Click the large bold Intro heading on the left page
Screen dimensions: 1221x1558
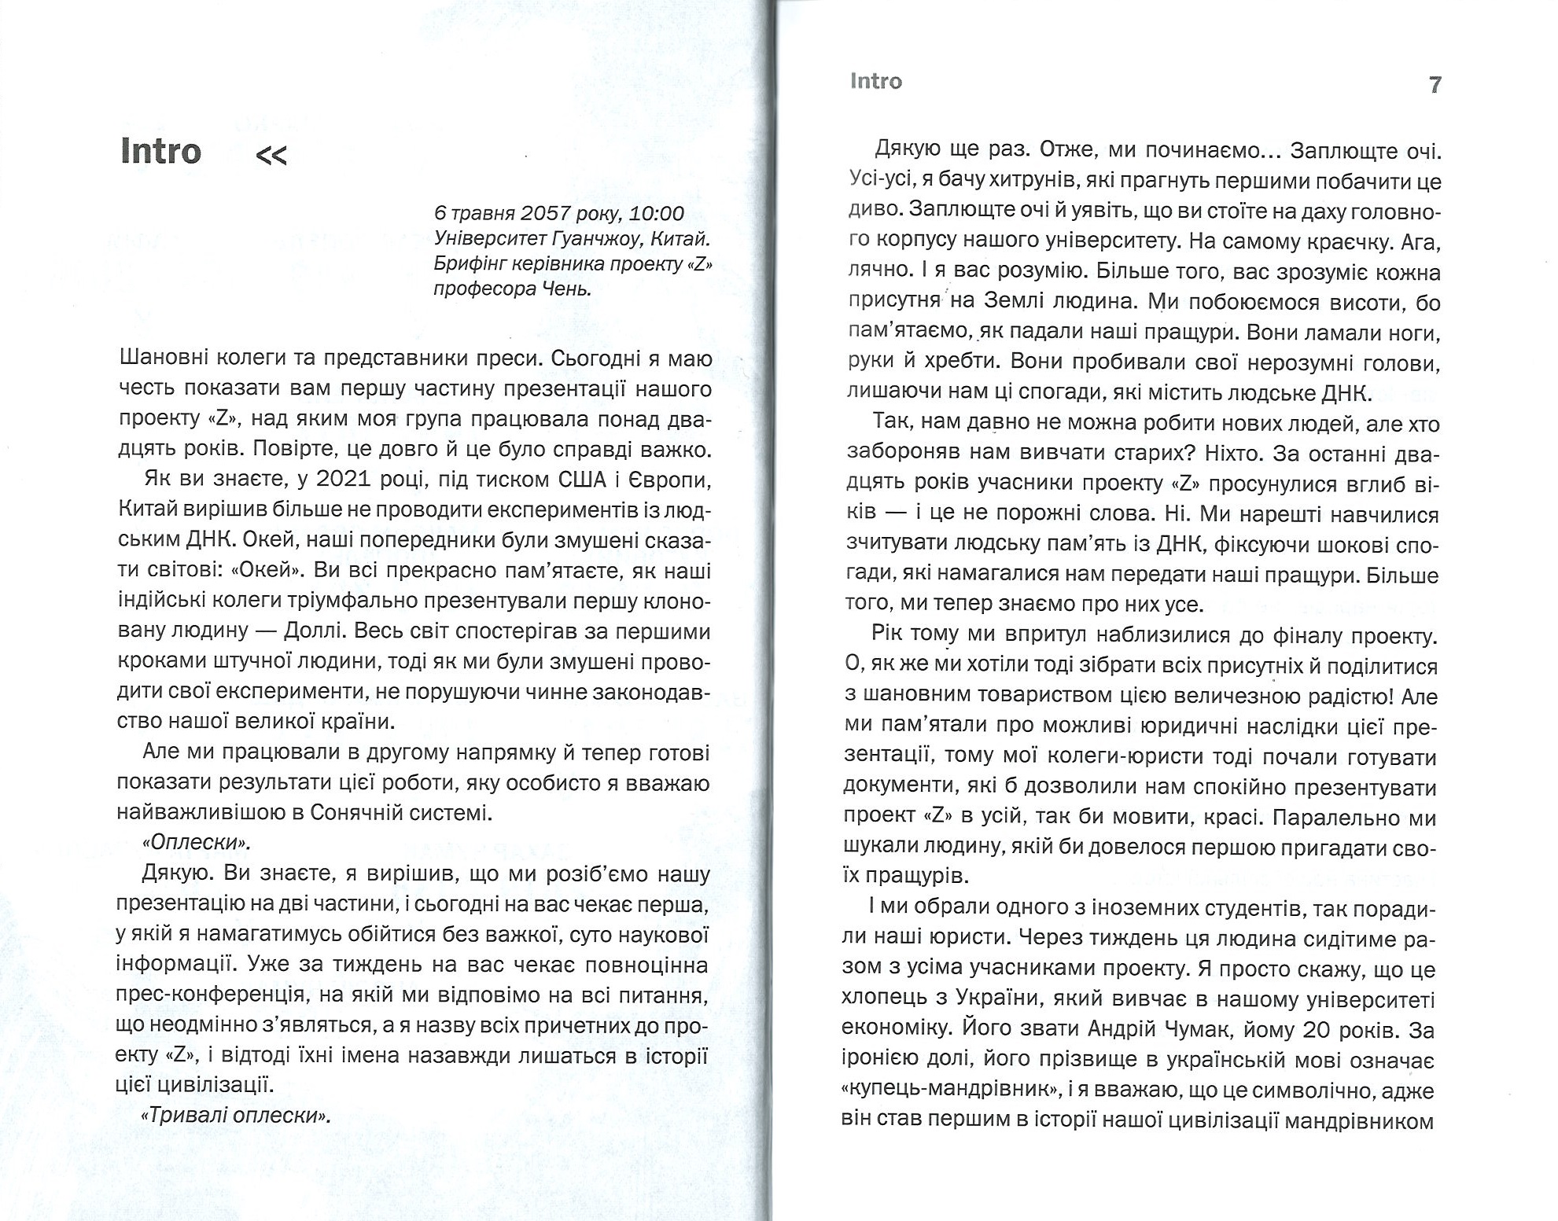tap(161, 151)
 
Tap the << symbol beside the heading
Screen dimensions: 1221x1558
tap(271, 156)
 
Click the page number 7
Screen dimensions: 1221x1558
tap(1435, 84)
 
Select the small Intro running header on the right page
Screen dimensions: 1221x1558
tap(875, 82)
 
